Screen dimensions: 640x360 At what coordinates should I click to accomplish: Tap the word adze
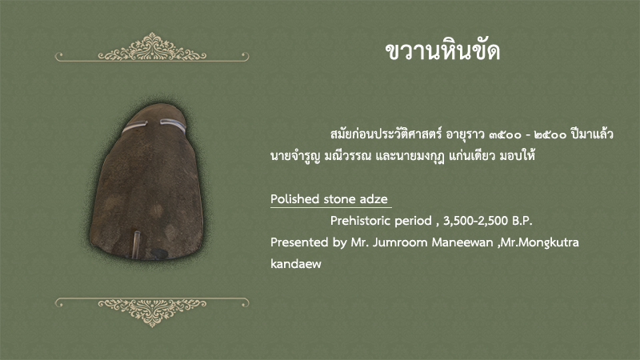[374, 198]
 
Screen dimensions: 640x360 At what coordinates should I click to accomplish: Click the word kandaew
[296, 264]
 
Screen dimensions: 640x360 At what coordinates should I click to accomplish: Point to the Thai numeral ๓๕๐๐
[505, 134]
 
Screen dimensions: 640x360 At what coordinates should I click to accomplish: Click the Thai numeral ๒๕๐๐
[550, 134]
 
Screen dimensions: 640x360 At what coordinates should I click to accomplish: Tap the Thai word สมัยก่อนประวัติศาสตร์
[386, 134]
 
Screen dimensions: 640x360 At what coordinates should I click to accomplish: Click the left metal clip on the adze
[134, 126]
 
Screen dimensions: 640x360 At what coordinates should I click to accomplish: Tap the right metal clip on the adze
[173, 124]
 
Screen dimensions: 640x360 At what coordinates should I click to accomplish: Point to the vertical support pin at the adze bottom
[135, 244]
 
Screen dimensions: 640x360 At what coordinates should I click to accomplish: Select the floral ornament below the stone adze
[152, 312]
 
